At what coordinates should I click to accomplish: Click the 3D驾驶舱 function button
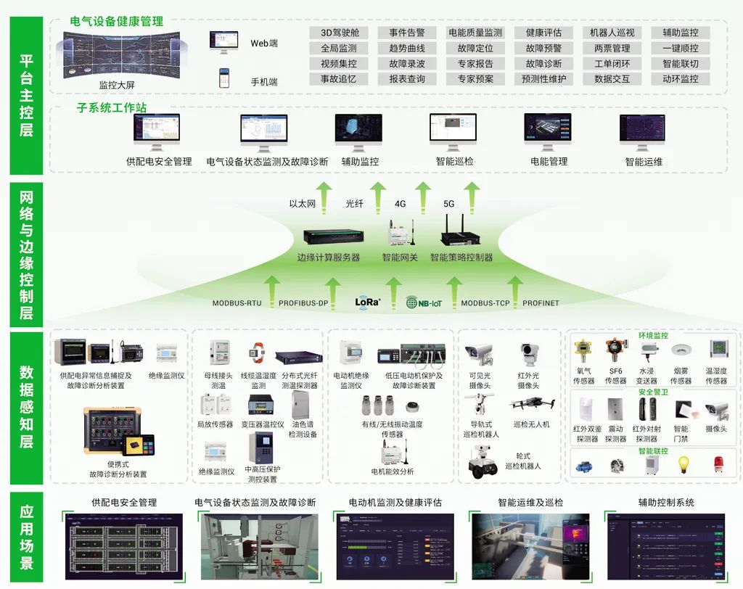(340, 33)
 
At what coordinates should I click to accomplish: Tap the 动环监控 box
(681, 79)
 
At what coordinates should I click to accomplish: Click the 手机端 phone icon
(224, 78)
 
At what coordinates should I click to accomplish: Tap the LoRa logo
(368, 302)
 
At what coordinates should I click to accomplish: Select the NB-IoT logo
(424, 302)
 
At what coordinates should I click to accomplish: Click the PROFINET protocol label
(541, 303)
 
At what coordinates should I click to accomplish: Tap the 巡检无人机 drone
(532, 404)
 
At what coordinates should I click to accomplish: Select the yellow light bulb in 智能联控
(682, 465)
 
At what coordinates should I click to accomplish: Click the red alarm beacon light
(718, 465)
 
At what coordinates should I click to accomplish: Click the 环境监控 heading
(653, 336)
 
